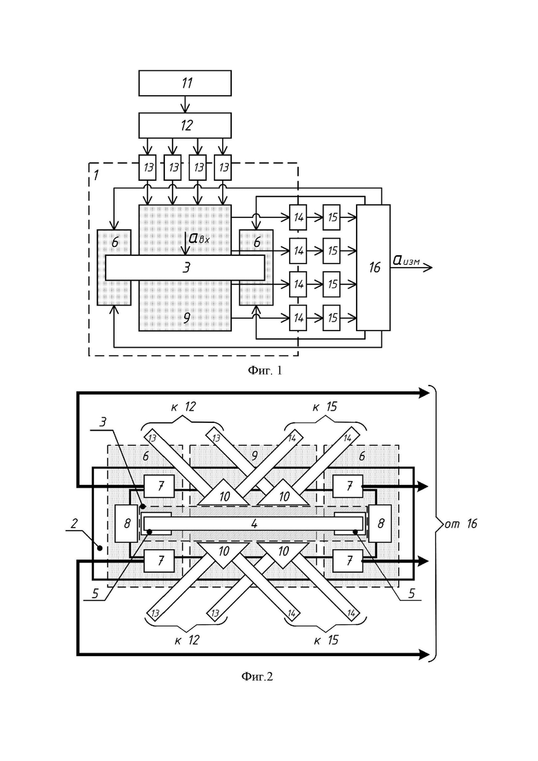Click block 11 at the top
tap(185, 83)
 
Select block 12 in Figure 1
tap(185, 125)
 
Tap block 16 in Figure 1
tap(374, 268)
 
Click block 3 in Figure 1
tap(186, 268)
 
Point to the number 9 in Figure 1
tap(186, 318)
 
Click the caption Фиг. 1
tap(265, 370)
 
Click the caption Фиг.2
tap(257, 676)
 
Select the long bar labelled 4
tap(253, 524)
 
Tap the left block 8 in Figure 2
tap(127, 523)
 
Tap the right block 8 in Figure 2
tap(380, 523)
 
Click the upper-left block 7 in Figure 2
tap(159, 486)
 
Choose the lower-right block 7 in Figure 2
tap(348, 561)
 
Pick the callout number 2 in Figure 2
tap(74, 523)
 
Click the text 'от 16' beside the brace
tap(461, 523)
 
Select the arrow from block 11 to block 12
tap(185, 104)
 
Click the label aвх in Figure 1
tap(199, 238)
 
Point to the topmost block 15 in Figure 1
tap(332, 217)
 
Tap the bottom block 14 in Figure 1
tap(298, 318)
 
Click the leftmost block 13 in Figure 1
tap(148, 168)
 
